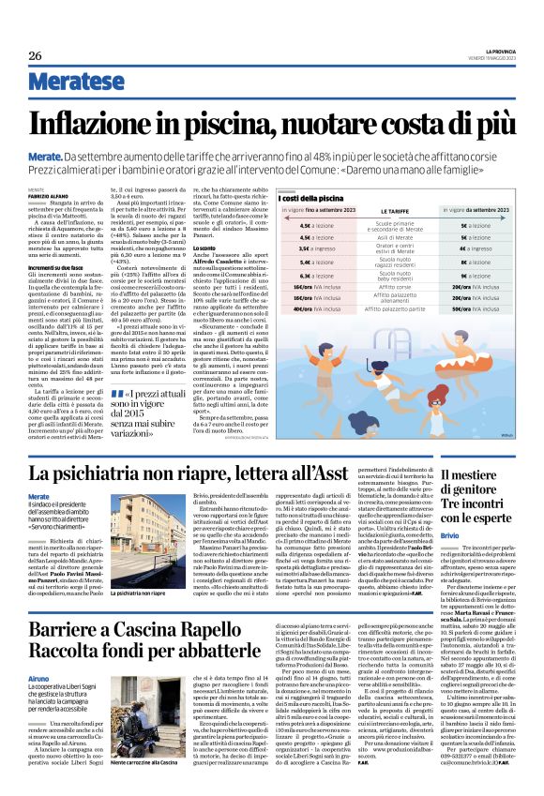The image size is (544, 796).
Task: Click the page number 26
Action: click(x=35, y=56)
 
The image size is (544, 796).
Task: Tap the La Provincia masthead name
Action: click(x=498, y=51)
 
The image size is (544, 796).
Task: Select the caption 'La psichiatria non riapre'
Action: click(x=116, y=594)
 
